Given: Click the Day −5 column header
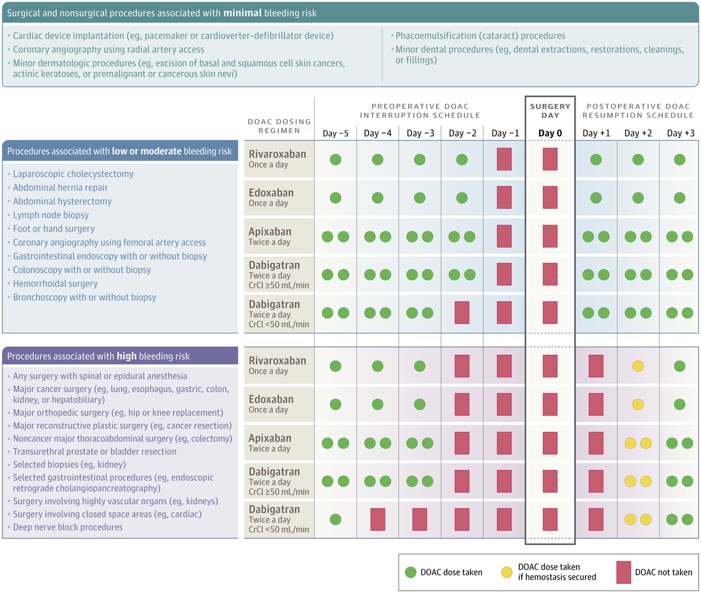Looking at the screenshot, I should coord(335,133).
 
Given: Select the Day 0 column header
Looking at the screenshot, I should coord(550,133).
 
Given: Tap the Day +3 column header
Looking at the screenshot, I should coord(681,133).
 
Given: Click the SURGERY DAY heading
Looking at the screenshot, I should coord(550,111).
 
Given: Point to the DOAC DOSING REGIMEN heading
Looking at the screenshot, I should coord(279,126).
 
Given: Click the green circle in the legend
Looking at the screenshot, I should coord(410,572).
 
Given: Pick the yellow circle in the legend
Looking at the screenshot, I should coord(506,572).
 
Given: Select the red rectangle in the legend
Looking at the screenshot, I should coord(623,572).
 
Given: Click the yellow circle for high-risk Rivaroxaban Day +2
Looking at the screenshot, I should coord(638,366).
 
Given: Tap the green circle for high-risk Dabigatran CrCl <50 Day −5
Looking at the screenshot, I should coord(335,519).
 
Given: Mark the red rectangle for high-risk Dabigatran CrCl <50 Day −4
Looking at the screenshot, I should coord(377,519).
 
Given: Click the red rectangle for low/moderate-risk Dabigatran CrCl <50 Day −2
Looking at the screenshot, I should coord(461,313).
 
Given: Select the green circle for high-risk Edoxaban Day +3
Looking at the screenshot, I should coord(679,404).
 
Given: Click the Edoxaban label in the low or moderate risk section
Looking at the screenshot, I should coord(271,193).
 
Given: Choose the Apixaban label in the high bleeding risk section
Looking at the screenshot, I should coord(270,438).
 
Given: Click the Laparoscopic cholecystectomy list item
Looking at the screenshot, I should coord(73,174).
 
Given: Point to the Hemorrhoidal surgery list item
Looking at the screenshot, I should coord(55,284).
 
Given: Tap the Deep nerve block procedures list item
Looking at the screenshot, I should coord(68,527).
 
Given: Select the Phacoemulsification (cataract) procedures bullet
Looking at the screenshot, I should coord(480,36).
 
